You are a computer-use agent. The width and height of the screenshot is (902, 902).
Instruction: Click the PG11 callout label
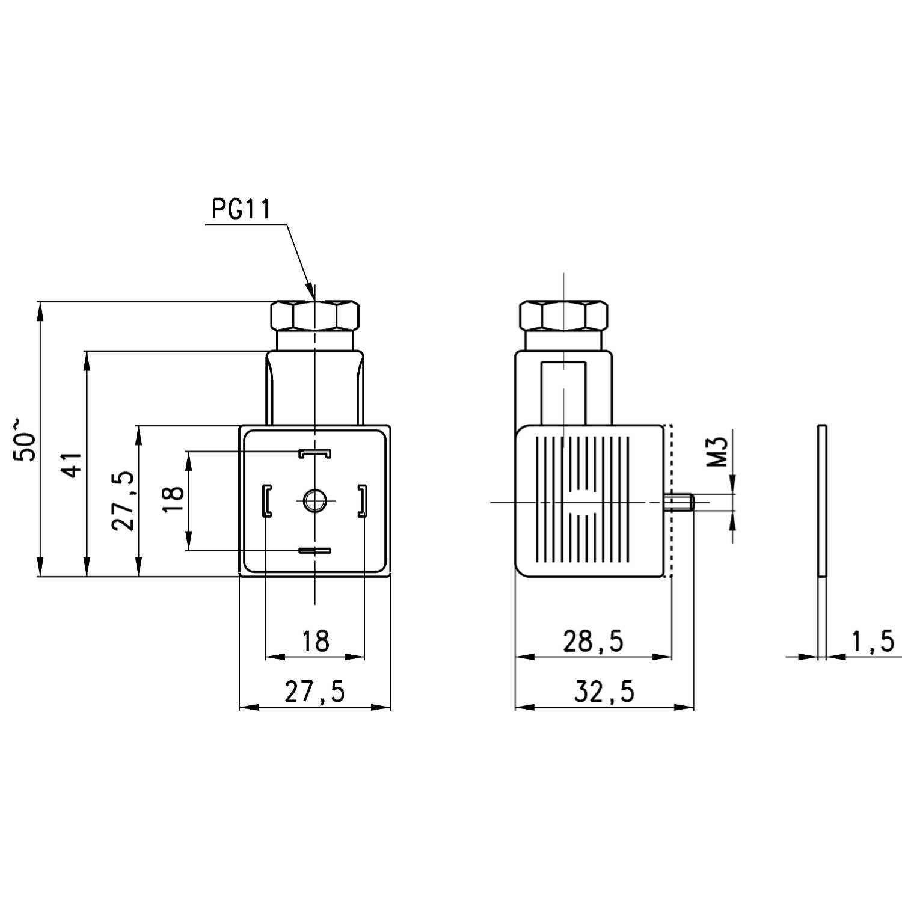[x=241, y=209]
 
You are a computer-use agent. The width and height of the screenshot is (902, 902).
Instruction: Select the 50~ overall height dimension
[x=26, y=439]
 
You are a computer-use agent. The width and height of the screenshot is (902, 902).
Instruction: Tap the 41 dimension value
[x=73, y=464]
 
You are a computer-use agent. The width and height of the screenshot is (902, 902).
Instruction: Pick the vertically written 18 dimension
[x=173, y=499]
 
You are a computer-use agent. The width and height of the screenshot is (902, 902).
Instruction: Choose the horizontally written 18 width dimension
[x=315, y=641]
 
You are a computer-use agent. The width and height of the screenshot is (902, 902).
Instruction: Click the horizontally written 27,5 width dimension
[x=315, y=692]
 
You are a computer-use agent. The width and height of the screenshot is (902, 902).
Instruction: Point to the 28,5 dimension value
[x=593, y=642]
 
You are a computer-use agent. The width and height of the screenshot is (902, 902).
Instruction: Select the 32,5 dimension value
[x=604, y=692]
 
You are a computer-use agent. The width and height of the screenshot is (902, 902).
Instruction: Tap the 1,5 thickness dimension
[x=873, y=642]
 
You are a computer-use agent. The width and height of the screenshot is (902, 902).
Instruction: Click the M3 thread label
[x=718, y=452]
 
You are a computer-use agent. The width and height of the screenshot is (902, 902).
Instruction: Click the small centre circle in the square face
[x=313, y=500]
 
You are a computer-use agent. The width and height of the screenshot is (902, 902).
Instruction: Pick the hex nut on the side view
[x=563, y=315]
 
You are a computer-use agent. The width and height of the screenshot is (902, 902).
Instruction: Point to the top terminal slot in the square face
[x=315, y=452]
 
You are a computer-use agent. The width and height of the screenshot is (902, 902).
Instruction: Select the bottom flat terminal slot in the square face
[x=315, y=550]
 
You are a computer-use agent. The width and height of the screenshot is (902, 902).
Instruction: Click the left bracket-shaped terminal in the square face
[x=266, y=500]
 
